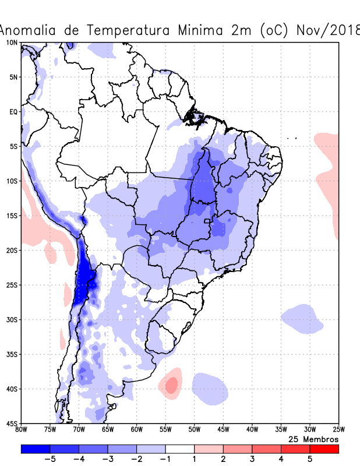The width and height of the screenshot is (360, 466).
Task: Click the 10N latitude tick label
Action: coord(12,43)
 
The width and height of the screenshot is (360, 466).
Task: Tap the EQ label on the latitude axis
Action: coord(13,112)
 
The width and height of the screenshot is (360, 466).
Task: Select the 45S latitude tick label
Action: coord(12,423)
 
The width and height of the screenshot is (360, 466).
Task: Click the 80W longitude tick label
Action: coord(21,430)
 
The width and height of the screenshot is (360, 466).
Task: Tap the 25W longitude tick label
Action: coord(338,430)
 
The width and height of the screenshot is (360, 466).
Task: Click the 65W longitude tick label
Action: coord(108,430)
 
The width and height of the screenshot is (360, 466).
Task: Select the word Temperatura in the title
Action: coord(128,30)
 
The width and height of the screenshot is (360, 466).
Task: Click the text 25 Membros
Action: coord(313,439)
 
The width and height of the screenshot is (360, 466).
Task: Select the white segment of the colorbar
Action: coord(179,449)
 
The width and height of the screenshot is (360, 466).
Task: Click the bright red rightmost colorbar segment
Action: coord(324,449)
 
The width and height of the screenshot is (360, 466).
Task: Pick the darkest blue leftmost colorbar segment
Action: coord(35,449)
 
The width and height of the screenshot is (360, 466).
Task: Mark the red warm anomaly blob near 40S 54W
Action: coord(171,384)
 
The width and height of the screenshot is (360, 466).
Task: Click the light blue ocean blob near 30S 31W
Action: coord(302,319)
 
